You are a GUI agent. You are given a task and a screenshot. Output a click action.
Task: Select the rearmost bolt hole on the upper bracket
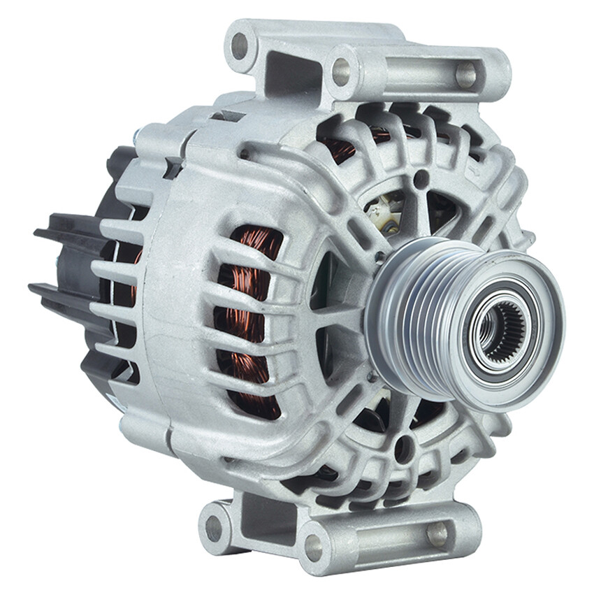(240, 46)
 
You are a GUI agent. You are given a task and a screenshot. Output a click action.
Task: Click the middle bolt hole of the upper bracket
(341, 71)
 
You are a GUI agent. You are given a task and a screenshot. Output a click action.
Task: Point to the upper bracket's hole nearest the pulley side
(465, 74)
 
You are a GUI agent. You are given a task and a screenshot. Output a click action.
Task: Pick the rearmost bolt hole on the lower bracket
(215, 529)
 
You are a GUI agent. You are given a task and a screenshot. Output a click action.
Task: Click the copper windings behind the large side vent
(249, 322)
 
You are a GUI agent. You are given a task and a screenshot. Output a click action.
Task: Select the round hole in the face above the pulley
(421, 179)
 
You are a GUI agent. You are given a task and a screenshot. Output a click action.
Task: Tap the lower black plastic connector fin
(63, 294)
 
